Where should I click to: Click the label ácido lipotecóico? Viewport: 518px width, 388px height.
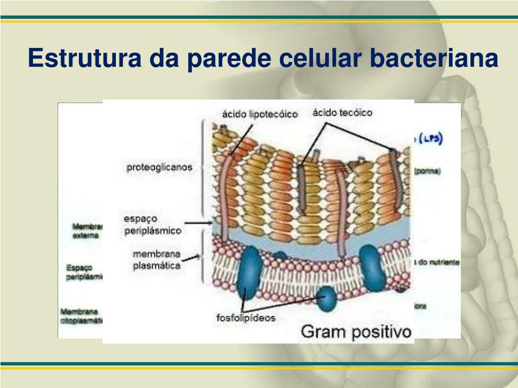click(x=260, y=115)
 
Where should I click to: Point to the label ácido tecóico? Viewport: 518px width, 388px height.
click(x=342, y=113)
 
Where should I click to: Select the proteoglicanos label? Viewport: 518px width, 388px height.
click(x=159, y=167)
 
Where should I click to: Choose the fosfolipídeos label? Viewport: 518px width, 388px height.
click(x=246, y=318)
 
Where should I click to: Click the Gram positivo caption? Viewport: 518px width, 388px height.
click(x=356, y=332)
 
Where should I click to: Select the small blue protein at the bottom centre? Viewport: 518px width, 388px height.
click(x=327, y=298)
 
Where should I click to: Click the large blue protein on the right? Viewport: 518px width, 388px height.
click(x=373, y=267)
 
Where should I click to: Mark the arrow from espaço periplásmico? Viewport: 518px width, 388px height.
click(x=198, y=222)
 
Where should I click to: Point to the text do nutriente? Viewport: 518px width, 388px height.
click(x=438, y=263)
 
